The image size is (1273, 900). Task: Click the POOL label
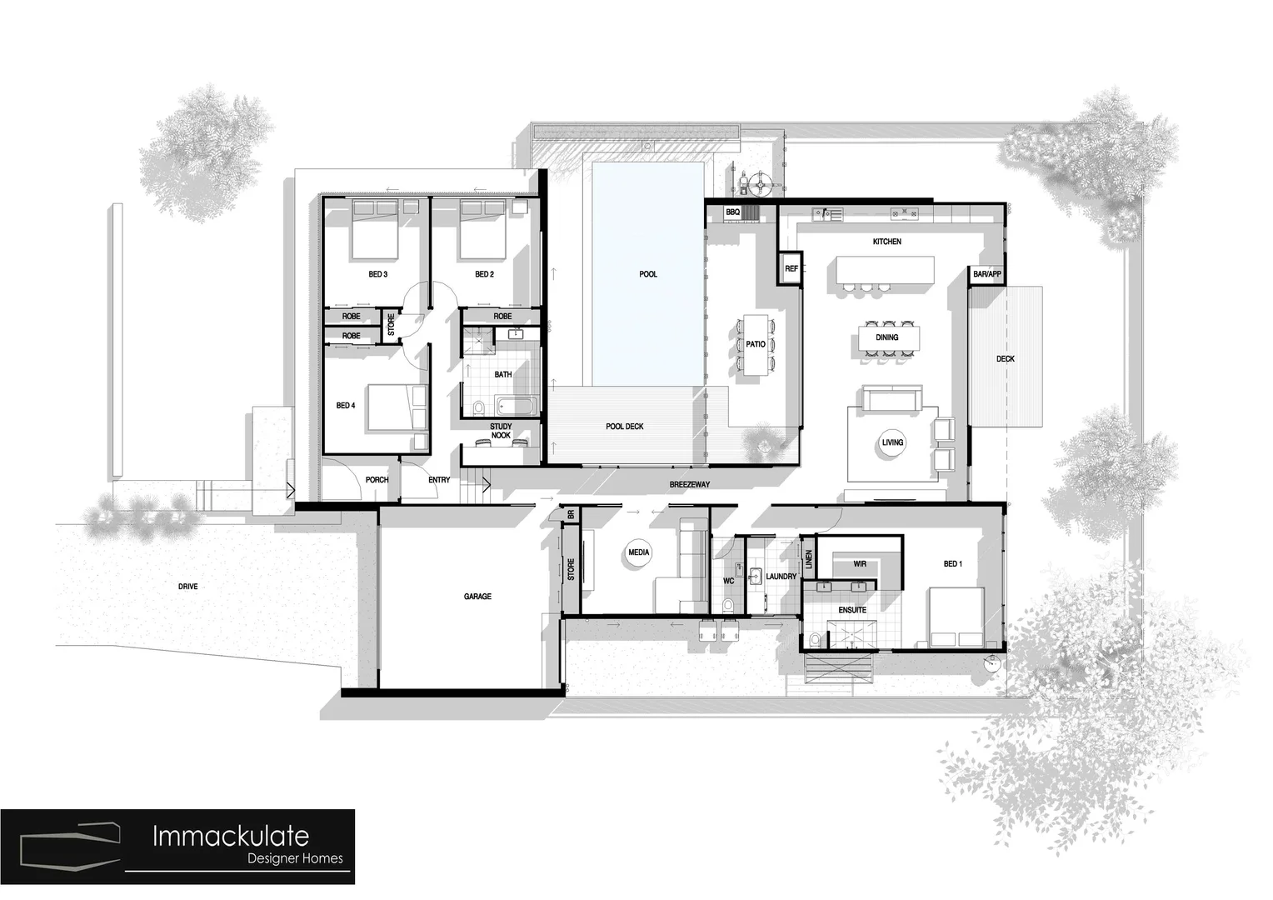click(647, 274)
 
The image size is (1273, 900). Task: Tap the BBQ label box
click(732, 212)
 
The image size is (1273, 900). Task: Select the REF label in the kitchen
click(791, 269)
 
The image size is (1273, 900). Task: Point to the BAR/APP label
click(987, 274)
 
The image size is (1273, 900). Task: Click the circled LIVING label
click(892, 442)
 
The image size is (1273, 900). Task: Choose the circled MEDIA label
click(639, 552)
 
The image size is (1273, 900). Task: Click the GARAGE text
click(477, 597)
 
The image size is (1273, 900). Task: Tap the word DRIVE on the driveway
click(188, 587)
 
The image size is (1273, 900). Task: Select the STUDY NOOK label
click(501, 431)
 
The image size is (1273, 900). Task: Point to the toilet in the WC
click(729, 603)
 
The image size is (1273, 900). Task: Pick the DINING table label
click(887, 337)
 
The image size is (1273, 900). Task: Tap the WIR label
click(860, 564)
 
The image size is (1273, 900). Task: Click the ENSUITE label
click(852, 610)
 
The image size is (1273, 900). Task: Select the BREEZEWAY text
click(690, 484)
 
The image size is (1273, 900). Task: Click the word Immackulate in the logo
click(230, 836)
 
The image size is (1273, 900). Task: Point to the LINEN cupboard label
click(808, 559)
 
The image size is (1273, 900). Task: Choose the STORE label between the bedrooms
click(391, 324)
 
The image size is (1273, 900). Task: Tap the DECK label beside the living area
click(1006, 359)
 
